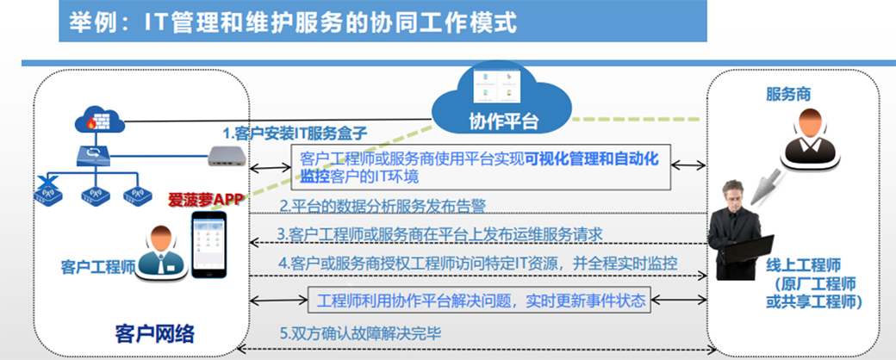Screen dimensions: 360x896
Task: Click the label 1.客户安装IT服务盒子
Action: click(296, 133)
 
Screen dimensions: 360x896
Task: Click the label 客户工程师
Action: click(97, 264)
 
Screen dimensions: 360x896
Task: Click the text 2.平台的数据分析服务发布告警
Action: click(383, 206)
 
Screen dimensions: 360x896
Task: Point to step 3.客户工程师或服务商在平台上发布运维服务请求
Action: click(439, 233)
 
